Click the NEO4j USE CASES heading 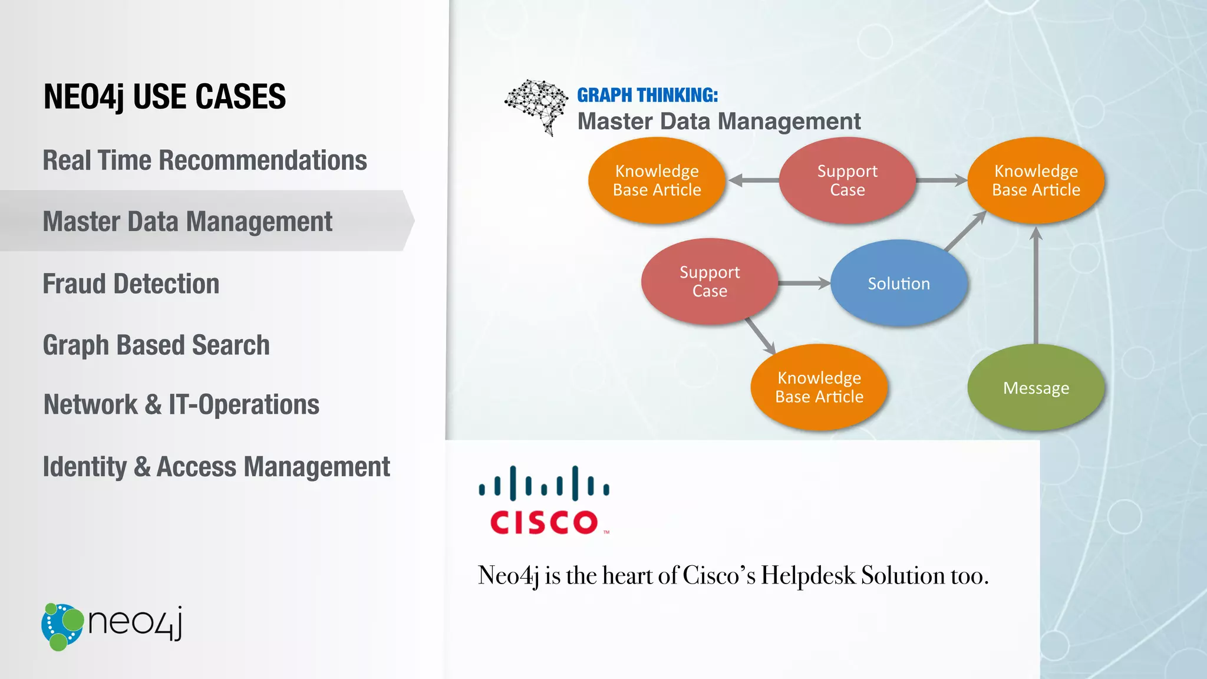click(164, 97)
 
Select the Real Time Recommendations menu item click(205, 160)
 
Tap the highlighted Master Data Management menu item click(187, 222)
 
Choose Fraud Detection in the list click(131, 284)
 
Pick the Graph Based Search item click(156, 345)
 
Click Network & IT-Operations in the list click(182, 405)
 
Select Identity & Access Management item click(216, 467)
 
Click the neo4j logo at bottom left click(112, 626)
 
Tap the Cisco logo click(544, 500)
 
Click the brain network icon click(536, 106)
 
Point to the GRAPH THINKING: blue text click(647, 95)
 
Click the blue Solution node click(898, 284)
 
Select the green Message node click(1035, 388)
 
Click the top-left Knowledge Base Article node click(657, 180)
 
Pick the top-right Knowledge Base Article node click(1035, 180)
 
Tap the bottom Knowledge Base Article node click(819, 387)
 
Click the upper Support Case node click(847, 180)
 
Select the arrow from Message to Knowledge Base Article click(1036, 286)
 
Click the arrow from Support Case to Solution click(804, 284)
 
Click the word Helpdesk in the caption click(807, 575)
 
